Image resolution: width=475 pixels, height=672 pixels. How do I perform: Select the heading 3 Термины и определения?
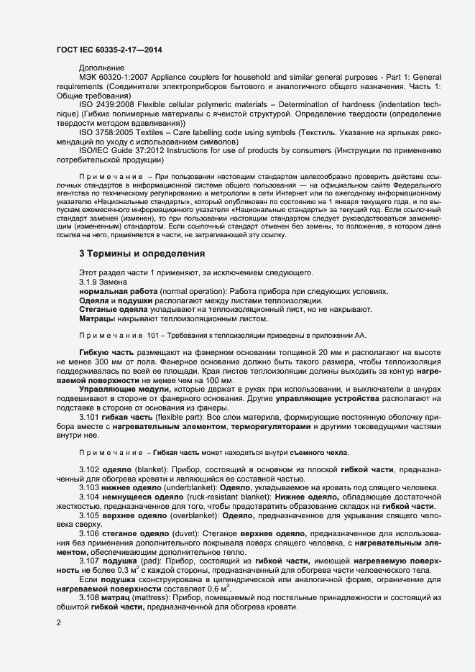click(x=142, y=254)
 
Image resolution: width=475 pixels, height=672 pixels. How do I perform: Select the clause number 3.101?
click(x=90, y=417)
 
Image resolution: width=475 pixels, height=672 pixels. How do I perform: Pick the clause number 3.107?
click(x=90, y=561)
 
